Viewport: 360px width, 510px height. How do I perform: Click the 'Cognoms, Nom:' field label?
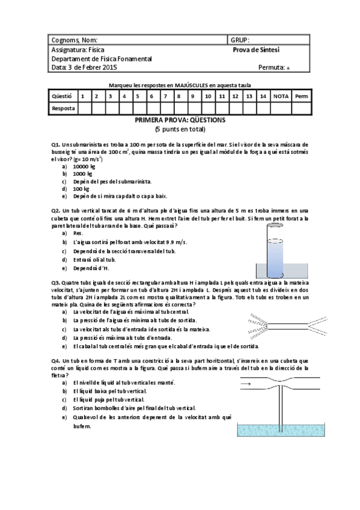click(x=74, y=40)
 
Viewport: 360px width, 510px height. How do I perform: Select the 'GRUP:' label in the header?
click(x=240, y=40)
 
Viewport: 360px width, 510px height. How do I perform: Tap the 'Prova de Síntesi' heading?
click(x=256, y=50)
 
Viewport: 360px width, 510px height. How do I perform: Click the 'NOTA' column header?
click(x=281, y=96)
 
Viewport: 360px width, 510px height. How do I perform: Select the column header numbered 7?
click(x=165, y=96)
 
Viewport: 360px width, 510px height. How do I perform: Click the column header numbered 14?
click(x=263, y=96)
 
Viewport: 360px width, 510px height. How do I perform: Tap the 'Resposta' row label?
click(x=63, y=109)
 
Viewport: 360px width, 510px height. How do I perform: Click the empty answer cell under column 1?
click(x=83, y=109)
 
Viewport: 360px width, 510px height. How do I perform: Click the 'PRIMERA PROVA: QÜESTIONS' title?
click(x=180, y=120)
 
